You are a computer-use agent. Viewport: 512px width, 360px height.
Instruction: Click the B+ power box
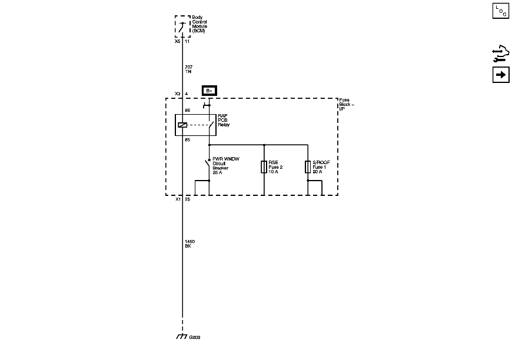[209, 91]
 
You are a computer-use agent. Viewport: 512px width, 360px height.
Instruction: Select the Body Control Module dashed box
[183, 26]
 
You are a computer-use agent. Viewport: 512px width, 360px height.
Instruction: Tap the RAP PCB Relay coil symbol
[182, 125]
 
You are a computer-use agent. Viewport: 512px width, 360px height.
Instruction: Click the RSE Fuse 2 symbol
[264, 167]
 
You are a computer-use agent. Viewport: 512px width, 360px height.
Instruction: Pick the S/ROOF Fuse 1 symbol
[308, 167]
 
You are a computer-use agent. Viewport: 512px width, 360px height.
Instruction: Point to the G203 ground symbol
[182, 337]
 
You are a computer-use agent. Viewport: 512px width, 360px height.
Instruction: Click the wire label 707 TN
[188, 69]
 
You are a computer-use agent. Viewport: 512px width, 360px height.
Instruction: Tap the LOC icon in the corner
[500, 11]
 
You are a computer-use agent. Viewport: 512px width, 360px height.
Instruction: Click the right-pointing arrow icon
[500, 76]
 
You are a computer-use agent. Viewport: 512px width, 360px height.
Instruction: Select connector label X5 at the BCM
[178, 42]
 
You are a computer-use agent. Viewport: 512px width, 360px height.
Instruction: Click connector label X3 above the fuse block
[178, 94]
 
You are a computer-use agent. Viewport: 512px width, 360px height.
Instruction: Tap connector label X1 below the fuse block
[178, 199]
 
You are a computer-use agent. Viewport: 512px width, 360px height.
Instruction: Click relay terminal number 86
[188, 110]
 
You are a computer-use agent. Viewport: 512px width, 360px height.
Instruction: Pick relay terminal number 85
[188, 139]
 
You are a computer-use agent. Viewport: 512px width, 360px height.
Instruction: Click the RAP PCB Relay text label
[224, 121]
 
